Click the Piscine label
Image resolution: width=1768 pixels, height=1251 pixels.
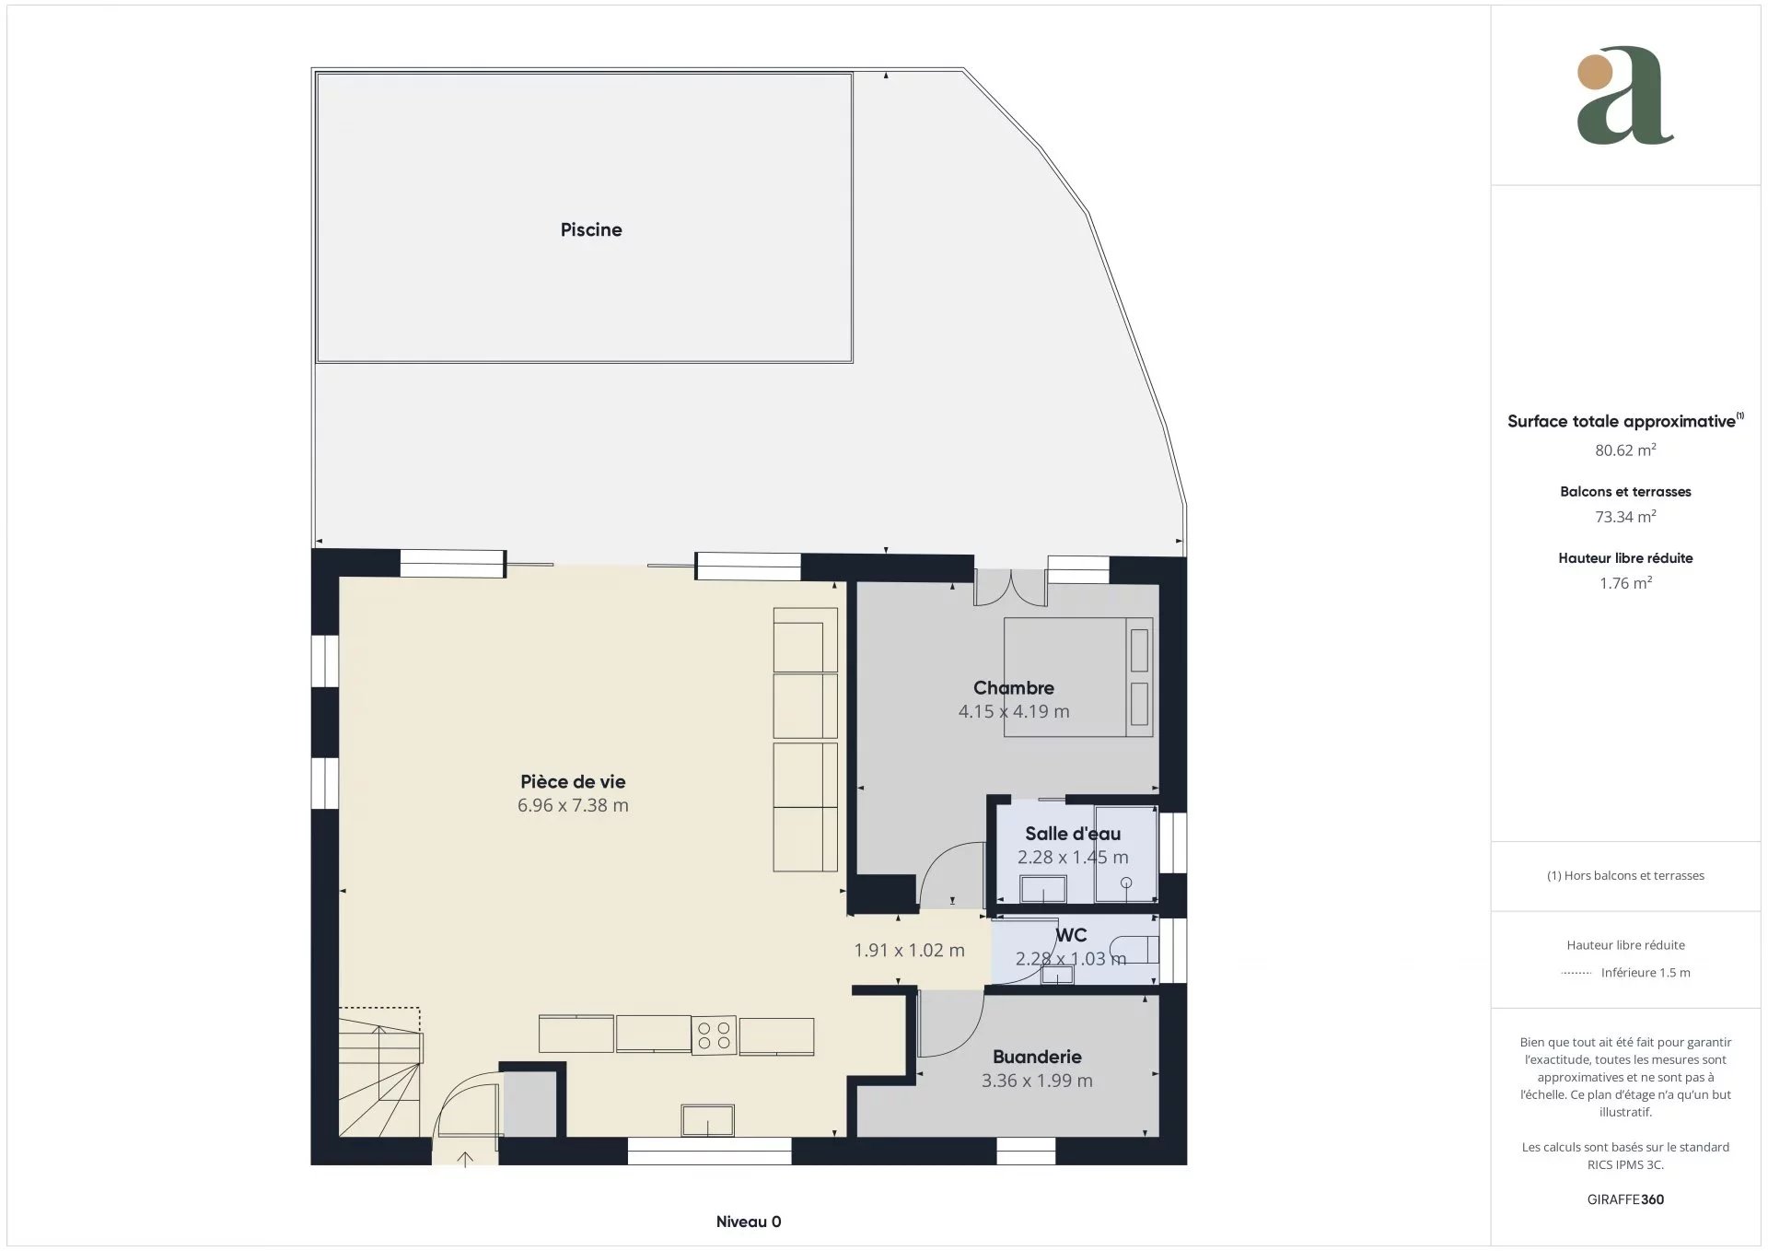(x=591, y=229)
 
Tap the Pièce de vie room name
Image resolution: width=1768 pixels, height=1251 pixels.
(x=573, y=781)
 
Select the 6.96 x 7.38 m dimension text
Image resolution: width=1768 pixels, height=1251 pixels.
(x=573, y=805)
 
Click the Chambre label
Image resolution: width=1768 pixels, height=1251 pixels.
(x=1014, y=687)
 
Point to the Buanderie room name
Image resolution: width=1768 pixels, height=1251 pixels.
(x=1037, y=1057)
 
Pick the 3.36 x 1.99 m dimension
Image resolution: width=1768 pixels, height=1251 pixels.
(x=1037, y=1081)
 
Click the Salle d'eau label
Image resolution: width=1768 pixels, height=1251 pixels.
(x=1073, y=834)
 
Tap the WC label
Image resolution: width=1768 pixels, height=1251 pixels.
(x=1071, y=935)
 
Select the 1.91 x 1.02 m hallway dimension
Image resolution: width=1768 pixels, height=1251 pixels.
(x=909, y=950)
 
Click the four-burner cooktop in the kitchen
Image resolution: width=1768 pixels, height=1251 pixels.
(x=714, y=1035)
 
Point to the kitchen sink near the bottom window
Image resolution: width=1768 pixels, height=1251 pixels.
(x=707, y=1120)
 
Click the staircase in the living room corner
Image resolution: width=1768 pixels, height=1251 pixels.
(x=380, y=1072)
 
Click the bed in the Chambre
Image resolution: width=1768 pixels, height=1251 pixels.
(x=1078, y=677)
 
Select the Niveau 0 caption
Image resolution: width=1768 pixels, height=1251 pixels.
(x=749, y=1222)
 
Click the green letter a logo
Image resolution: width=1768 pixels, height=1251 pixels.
(x=1625, y=96)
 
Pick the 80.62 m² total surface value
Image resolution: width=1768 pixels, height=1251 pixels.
(x=1625, y=450)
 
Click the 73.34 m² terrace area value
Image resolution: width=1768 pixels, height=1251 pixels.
(x=1625, y=516)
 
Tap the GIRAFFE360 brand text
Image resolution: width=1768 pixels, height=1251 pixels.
(x=1625, y=1199)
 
